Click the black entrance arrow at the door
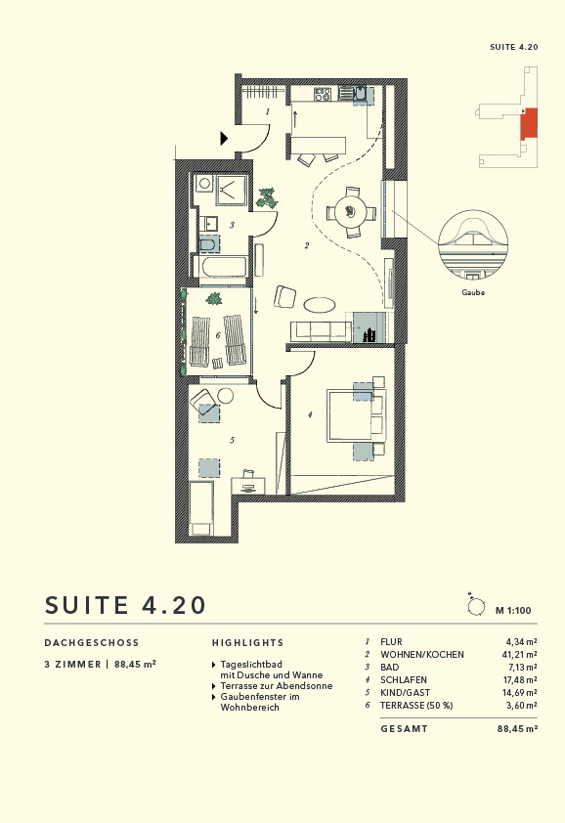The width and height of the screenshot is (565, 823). (225, 139)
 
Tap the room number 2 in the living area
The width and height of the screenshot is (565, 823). (306, 246)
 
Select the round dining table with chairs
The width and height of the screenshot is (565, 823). (349, 211)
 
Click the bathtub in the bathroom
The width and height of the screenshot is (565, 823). (224, 267)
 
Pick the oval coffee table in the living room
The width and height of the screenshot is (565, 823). (319, 304)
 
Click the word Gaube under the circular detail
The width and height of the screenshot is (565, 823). (473, 292)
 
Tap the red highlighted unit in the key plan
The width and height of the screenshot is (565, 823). (529, 123)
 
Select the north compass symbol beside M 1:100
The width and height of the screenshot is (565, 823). (476, 607)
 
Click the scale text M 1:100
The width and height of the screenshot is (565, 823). (512, 611)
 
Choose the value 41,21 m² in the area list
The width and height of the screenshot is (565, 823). (520, 654)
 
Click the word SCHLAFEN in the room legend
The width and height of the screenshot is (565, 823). (403, 679)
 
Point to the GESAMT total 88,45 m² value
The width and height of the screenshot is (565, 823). (517, 728)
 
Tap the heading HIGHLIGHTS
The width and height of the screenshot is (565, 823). (247, 643)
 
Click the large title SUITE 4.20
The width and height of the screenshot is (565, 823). (126, 605)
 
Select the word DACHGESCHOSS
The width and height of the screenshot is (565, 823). (92, 643)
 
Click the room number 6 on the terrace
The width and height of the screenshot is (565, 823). (217, 334)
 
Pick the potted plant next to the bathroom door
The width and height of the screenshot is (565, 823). (267, 198)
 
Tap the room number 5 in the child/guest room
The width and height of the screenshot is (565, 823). (232, 440)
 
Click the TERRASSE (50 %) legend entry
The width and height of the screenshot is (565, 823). (417, 705)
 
